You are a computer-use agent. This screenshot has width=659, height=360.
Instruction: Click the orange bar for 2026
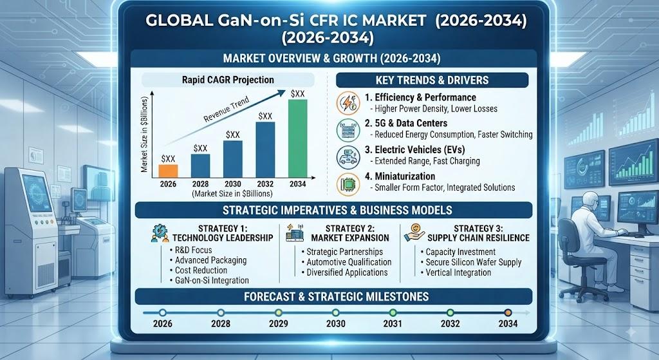click(168, 171)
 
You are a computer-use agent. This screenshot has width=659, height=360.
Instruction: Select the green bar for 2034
click(297, 138)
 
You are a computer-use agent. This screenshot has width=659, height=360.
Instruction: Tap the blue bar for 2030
click(233, 159)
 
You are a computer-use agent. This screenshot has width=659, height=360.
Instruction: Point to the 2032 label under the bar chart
click(265, 184)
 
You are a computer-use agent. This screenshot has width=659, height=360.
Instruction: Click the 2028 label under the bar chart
click(201, 184)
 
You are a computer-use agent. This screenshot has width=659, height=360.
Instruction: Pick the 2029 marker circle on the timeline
click(278, 313)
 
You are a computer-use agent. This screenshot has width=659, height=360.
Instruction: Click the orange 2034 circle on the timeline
click(508, 313)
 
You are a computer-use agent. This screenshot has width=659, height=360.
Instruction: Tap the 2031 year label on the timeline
click(393, 323)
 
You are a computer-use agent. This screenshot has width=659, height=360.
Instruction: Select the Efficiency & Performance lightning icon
click(348, 103)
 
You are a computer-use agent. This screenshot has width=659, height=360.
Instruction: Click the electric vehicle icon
click(348, 157)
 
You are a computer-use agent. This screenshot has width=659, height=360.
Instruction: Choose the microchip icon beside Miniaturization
click(348, 184)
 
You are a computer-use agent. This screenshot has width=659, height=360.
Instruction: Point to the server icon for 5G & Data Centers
click(348, 129)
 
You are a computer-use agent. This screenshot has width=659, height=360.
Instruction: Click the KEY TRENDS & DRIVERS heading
click(432, 81)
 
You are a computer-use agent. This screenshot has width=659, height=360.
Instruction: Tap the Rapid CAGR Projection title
click(228, 80)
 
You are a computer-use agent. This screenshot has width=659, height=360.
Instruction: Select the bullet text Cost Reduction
click(201, 270)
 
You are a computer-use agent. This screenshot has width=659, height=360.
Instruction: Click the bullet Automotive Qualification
click(349, 262)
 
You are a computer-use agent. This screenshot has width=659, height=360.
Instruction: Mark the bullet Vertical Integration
click(458, 272)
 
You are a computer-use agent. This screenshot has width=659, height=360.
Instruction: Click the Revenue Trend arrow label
click(226, 109)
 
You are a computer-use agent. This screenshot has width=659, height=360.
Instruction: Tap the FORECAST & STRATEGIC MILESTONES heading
click(336, 297)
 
